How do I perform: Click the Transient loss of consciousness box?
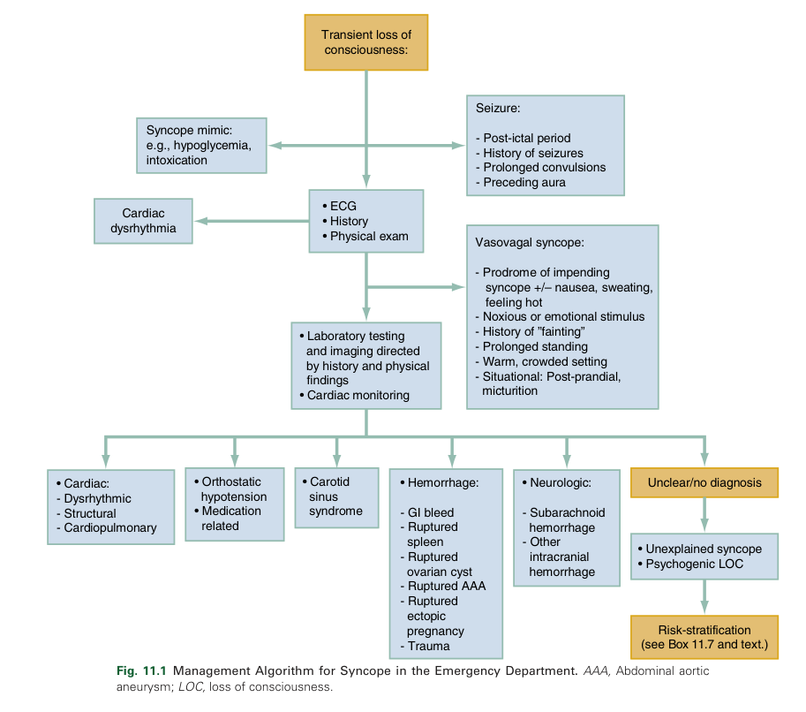coord(365,42)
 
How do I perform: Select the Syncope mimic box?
coord(201,145)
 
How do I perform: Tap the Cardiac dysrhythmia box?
coord(144,221)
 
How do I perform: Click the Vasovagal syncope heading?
coord(529,242)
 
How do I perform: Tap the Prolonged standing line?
coord(535,346)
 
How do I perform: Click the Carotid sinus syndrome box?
coord(335,496)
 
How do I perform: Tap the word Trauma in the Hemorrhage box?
coord(428,646)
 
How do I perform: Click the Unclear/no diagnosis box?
coord(704,483)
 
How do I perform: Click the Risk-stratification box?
coord(704,637)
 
